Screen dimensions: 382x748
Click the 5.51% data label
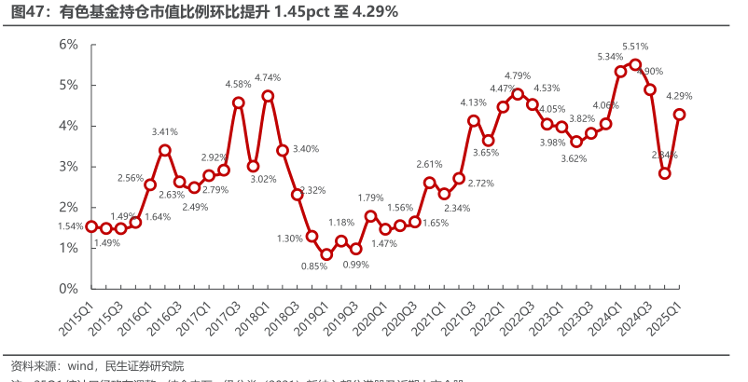coord(635,47)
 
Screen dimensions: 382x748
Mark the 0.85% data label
coord(314,266)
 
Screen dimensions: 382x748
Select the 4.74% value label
coord(268,77)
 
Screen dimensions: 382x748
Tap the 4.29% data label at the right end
coord(679,96)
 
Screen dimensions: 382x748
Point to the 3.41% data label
coord(164,131)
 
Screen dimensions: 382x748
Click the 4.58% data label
coord(238,85)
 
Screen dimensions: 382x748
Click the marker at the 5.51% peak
coord(635,65)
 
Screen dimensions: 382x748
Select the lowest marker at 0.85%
coord(326,254)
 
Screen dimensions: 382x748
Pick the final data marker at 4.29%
coord(680,115)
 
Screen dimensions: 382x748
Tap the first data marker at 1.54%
coord(91,226)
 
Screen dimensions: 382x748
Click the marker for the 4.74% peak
coord(268,96)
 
